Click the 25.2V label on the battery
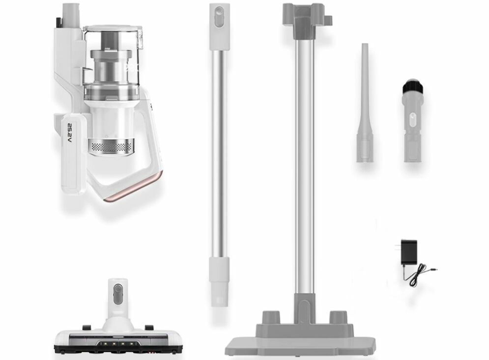[70, 134]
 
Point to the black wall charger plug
[409, 252]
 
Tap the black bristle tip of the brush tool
[413, 86]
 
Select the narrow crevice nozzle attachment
[365, 103]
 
